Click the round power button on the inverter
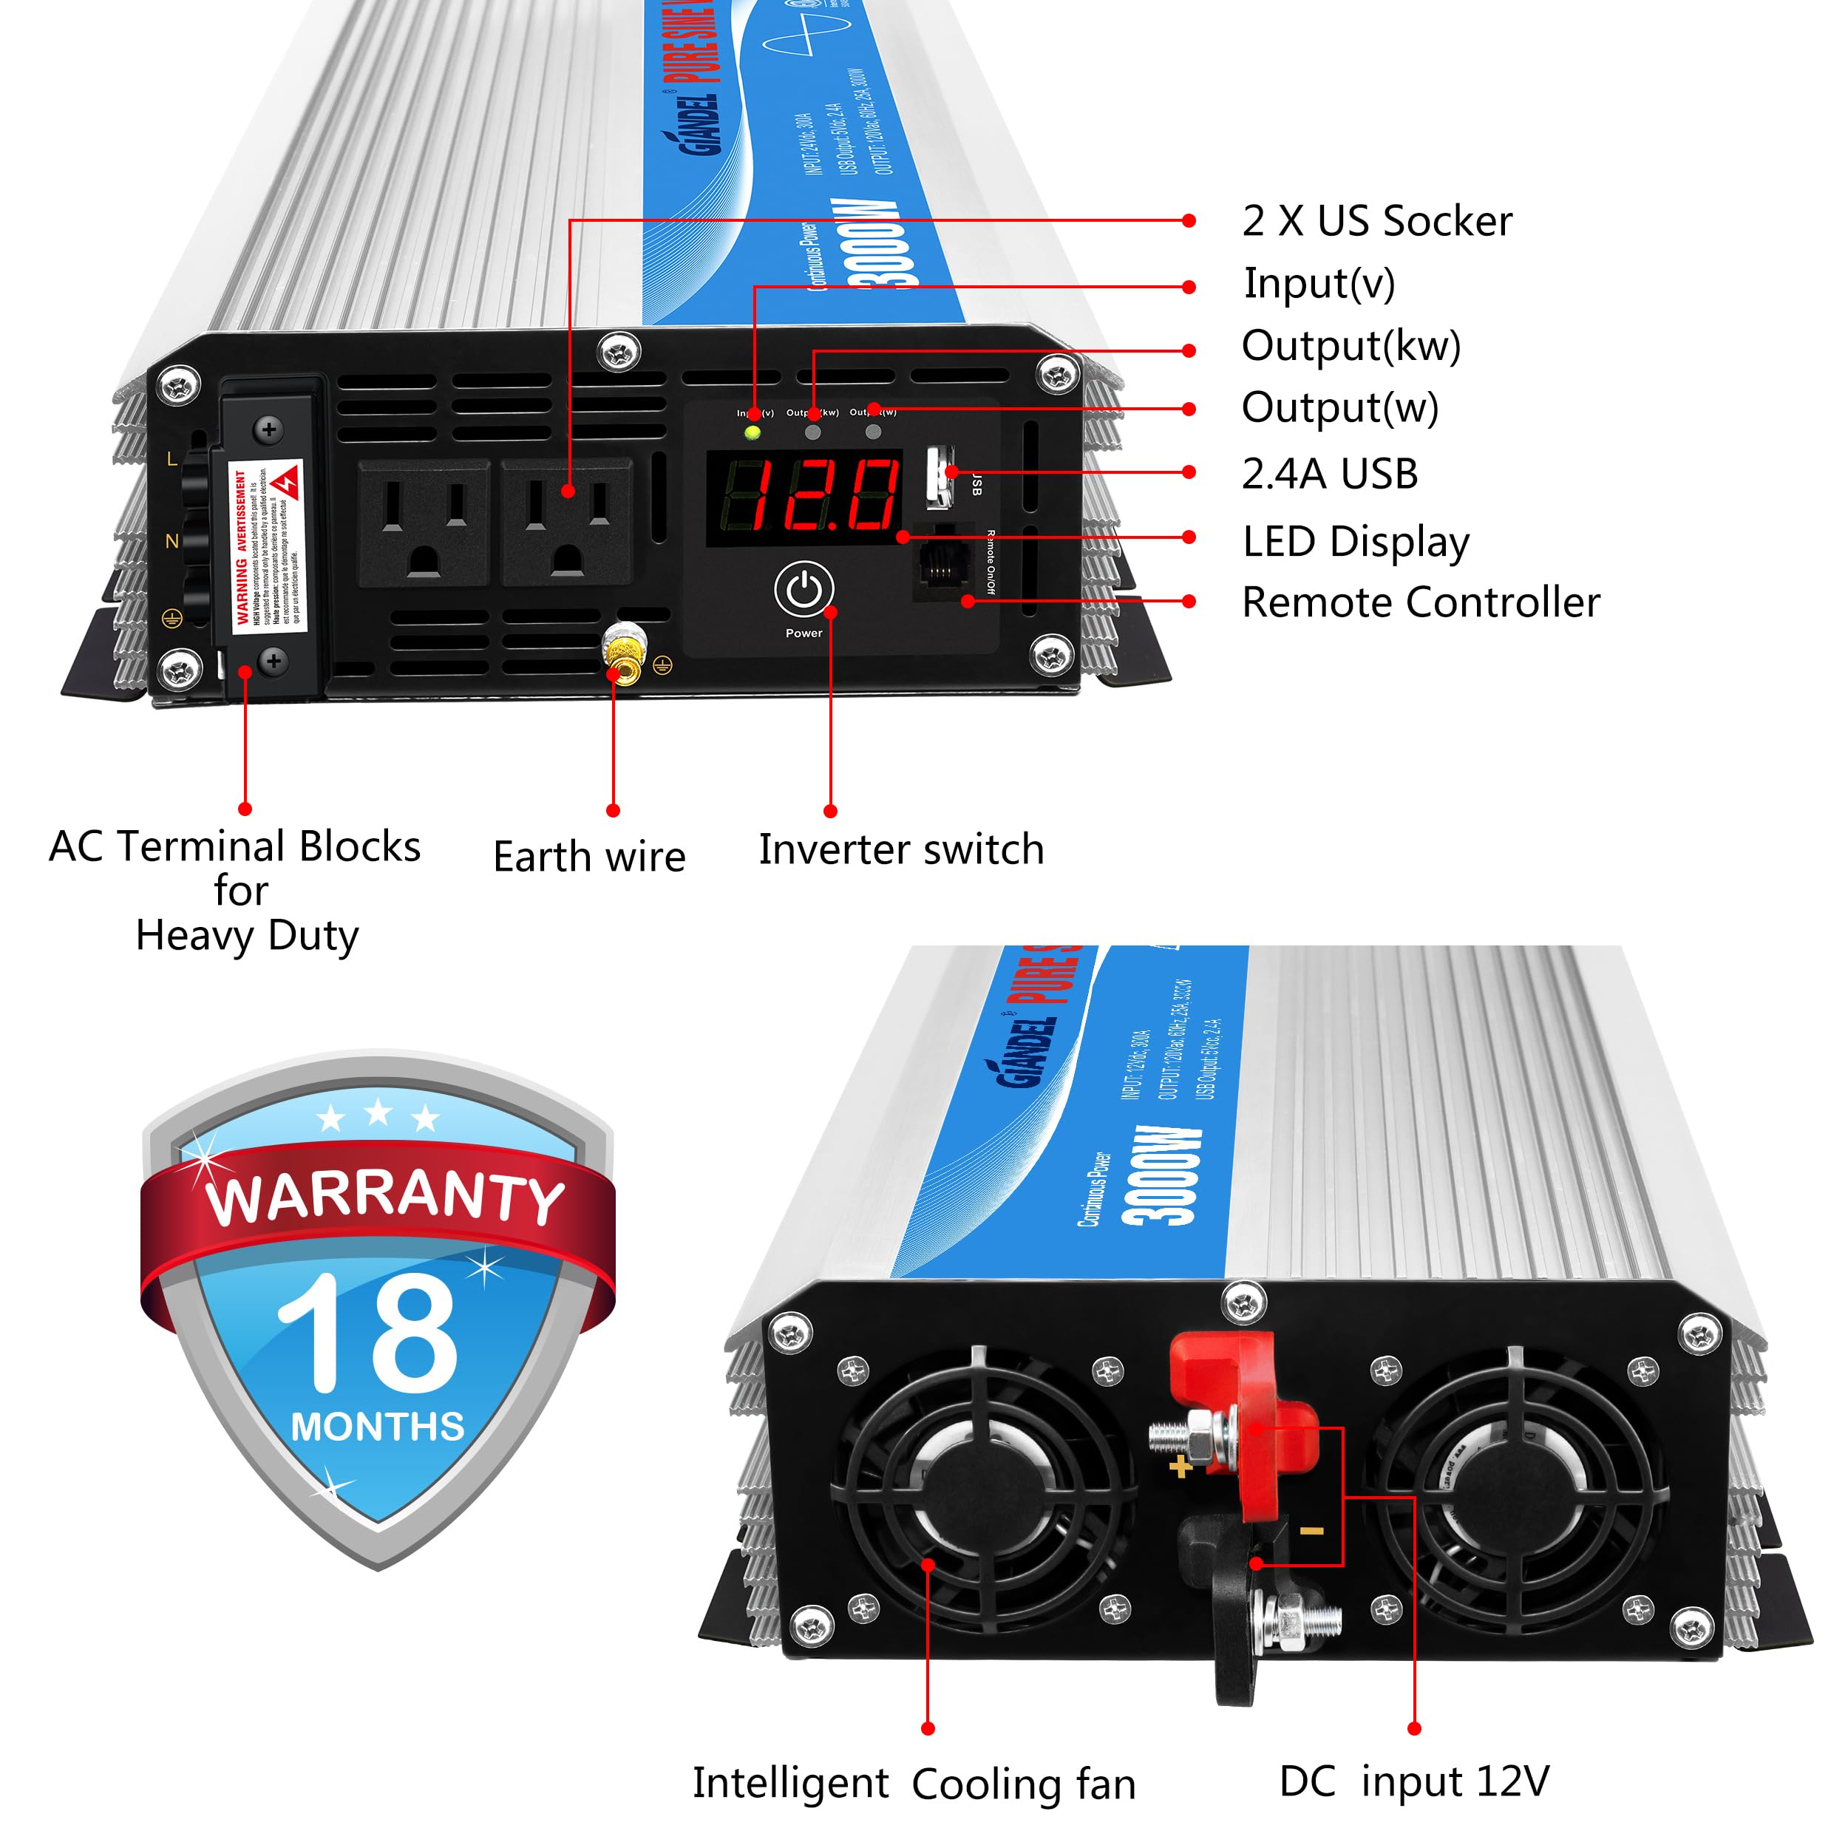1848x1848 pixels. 804,589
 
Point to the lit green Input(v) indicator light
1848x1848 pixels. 753,432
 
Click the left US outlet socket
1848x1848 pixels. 424,523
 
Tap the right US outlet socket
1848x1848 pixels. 567,523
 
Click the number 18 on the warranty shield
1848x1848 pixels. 368,1334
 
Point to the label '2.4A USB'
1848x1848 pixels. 1330,474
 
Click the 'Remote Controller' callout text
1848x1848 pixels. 1421,602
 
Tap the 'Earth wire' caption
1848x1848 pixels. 589,856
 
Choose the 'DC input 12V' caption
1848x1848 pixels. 1414,1781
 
